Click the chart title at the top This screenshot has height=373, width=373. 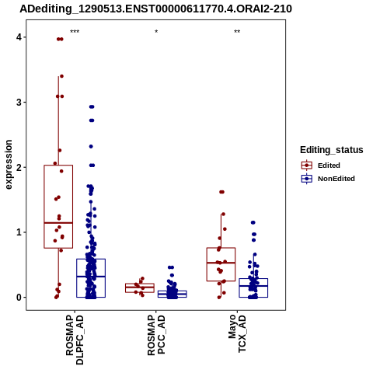155,9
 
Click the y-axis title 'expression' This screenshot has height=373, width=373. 9,165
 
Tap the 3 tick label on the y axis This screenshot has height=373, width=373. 19,103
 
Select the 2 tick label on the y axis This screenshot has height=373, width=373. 19,167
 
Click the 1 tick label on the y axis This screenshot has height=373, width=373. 19,232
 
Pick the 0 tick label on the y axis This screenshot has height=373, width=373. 19,298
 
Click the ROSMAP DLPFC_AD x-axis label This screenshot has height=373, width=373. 75,340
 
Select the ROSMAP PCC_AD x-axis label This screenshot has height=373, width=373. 156,335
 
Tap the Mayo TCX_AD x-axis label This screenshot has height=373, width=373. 237,333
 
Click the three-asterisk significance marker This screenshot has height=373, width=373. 75,32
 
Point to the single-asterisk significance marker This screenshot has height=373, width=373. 156,32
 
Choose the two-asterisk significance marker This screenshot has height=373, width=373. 237,32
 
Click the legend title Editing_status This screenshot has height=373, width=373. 332,150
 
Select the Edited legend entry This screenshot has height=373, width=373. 321,166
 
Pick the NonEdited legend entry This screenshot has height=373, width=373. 328,179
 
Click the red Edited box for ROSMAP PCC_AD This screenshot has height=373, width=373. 140,284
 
